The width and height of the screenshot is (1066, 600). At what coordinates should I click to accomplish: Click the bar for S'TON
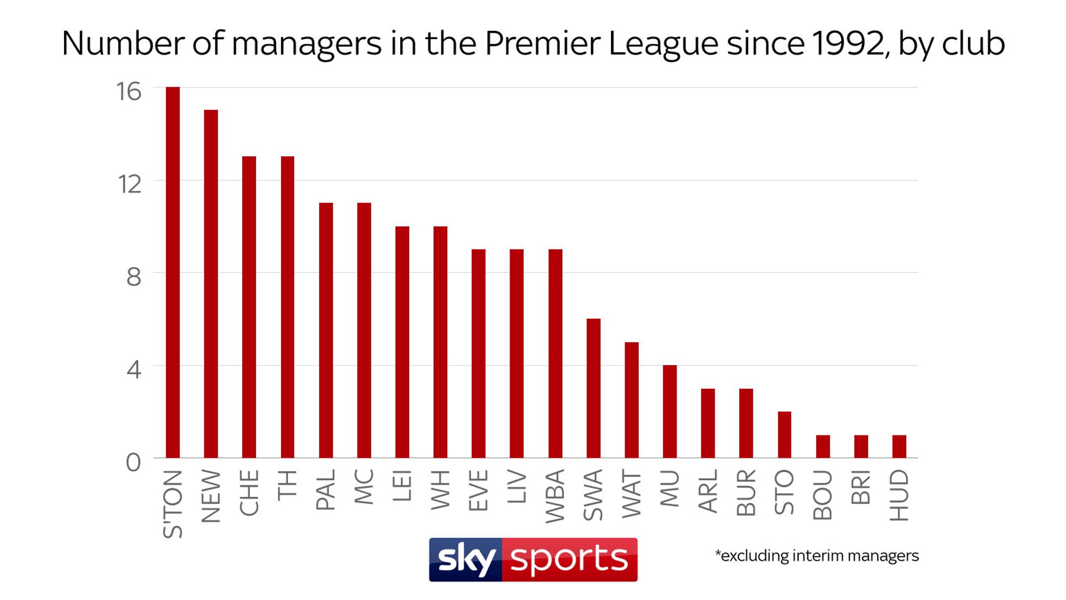coord(173,272)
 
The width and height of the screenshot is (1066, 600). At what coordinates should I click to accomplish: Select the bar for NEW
coord(211,284)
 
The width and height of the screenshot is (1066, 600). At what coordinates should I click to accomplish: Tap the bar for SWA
coord(593,388)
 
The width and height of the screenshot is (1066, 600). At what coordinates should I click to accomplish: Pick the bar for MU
coord(670,411)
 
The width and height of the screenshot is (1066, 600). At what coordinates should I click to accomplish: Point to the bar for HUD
coord(899,446)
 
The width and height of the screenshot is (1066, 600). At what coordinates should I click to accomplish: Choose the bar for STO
coord(784,435)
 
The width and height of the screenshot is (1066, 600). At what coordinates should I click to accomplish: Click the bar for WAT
coord(631,400)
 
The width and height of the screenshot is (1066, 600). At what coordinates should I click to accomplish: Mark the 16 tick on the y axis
coord(129,92)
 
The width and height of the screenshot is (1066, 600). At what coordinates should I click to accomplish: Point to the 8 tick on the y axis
coord(134,277)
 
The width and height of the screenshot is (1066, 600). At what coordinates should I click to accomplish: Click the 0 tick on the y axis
coord(134,463)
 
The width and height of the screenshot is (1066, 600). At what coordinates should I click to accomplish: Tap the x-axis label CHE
coord(249,493)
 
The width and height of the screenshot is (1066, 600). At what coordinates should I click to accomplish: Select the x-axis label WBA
coord(555,496)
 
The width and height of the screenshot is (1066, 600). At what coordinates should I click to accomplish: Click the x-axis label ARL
coord(708,491)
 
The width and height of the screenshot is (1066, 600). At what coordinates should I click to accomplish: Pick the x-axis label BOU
coord(823,495)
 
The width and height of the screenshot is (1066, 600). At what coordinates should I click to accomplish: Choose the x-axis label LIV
coord(517,486)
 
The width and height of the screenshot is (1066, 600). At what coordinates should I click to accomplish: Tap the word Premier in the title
coord(542,43)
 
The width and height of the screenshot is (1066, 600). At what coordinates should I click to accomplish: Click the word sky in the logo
coord(466,559)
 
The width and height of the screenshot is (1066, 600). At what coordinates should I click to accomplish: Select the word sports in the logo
coord(569,559)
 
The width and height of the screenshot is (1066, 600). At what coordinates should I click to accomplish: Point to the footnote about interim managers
coord(817,556)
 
